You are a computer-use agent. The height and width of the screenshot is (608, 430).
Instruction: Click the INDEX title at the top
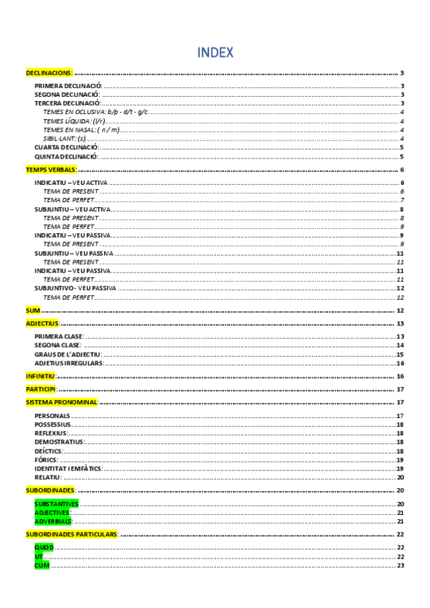tap(215, 52)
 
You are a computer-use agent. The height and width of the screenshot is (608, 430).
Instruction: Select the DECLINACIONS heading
tap(49, 73)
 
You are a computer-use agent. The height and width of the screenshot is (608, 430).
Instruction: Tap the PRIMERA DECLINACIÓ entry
tap(67, 86)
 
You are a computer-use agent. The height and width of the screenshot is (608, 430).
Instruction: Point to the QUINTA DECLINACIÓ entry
tap(65, 156)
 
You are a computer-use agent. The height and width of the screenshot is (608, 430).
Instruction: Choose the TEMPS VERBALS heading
tap(51, 170)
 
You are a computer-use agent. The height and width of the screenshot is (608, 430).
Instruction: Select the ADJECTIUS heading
tap(42, 324)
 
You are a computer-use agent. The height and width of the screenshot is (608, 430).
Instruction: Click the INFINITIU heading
tap(40, 376)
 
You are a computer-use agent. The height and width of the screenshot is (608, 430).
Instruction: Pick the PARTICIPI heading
tap(40, 389)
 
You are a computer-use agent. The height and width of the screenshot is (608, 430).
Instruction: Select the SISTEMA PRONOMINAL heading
tap(61, 402)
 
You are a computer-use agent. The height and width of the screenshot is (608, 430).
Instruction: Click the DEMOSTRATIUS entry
tap(59, 442)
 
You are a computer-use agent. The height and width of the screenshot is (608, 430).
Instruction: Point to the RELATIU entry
tap(48, 477)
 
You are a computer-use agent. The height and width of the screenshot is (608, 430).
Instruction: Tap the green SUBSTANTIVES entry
tap(56, 504)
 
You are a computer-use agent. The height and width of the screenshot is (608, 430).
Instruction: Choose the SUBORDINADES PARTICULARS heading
tap(71, 535)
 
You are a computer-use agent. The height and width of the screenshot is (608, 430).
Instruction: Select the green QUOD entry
tap(44, 548)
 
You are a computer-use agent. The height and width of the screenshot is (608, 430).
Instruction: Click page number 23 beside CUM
tap(401, 566)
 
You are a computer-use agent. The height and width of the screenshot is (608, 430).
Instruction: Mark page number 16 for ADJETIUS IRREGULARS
tap(401, 363)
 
